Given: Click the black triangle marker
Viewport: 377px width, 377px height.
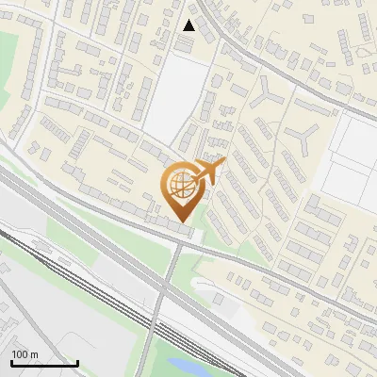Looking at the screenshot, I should (x=189, y=25).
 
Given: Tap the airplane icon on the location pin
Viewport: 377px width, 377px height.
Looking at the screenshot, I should (x=213, y=172).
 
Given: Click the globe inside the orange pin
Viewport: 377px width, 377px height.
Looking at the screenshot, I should (x=180, y=187).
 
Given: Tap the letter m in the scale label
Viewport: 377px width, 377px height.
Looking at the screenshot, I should (x=35, y=354).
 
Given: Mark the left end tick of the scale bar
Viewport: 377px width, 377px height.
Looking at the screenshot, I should (x=11, y=362).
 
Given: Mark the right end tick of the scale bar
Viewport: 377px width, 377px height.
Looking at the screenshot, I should (x=77, y=362).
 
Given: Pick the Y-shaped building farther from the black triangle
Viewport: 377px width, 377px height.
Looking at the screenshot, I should (x=303, y=139).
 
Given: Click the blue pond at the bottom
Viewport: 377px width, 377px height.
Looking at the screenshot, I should (x=188, y=366).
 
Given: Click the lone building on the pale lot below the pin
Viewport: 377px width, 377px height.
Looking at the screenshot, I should (x=219, y=299).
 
